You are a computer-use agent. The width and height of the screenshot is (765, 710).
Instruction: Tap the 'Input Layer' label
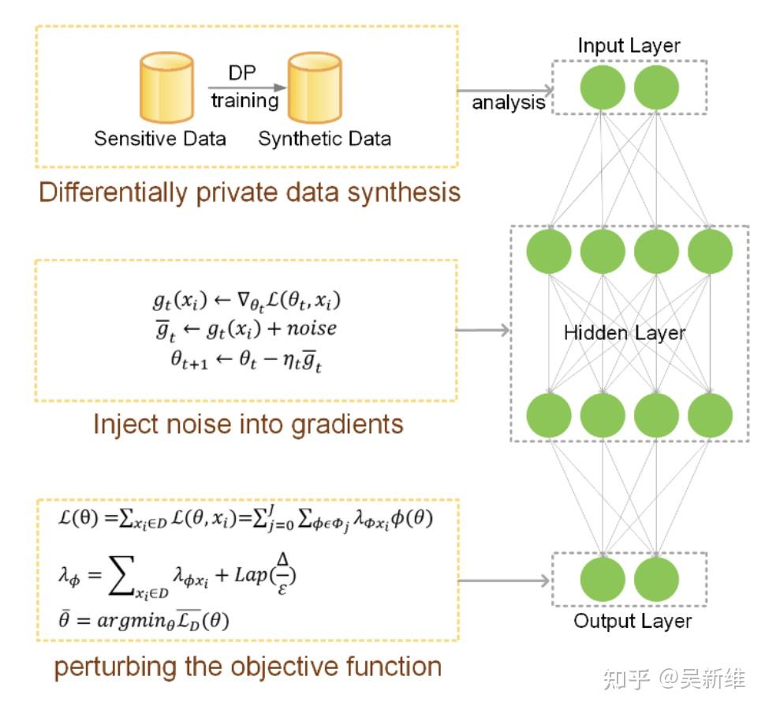coord(628,45)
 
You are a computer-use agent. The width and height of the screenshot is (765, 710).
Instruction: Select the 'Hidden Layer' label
coord(625,333)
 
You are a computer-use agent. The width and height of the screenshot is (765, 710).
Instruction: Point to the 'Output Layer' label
coord(633,621)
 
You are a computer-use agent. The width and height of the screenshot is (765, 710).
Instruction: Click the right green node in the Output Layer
coord(656,580)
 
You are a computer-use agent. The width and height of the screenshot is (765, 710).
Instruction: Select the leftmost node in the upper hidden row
coord(549,252)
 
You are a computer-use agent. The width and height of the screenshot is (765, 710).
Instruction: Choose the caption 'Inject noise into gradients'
coord(248,424)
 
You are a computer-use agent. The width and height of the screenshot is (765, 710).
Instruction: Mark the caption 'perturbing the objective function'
coord(248,667)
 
